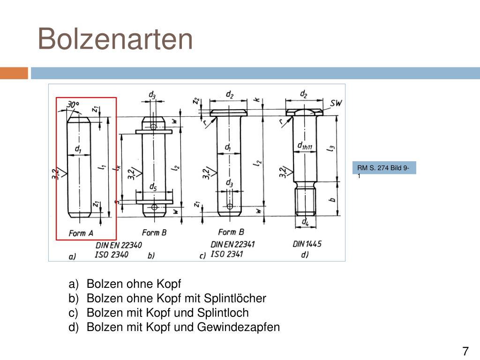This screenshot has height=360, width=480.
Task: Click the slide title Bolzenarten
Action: click(115, 39)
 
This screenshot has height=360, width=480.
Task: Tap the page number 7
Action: click(465, 351)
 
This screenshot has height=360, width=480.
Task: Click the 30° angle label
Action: click(73, 105)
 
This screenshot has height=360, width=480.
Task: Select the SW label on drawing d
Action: click(336, 103)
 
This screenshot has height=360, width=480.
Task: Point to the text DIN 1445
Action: click(307, 244)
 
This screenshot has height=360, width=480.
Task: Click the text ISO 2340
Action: click(112, 255)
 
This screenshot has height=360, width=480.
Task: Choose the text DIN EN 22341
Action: click(232, 244)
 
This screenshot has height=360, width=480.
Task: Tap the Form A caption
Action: click(81, 233)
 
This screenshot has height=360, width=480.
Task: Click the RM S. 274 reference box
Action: click(384, 168)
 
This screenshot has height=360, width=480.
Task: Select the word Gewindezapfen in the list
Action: click(239, 327)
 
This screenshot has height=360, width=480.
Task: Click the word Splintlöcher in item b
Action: click(235, 298)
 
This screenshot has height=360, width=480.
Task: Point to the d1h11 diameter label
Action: click(305, 145)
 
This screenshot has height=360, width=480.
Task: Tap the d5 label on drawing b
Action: click(153, 187)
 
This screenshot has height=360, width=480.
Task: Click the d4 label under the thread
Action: click(305, 221)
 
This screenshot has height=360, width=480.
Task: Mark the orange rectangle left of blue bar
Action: click(14, 73)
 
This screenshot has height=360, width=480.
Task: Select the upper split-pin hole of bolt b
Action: click(154, 126)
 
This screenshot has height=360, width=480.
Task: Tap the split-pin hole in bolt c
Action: click(230, 206)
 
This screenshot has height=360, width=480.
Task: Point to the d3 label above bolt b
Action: click(152, 95)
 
